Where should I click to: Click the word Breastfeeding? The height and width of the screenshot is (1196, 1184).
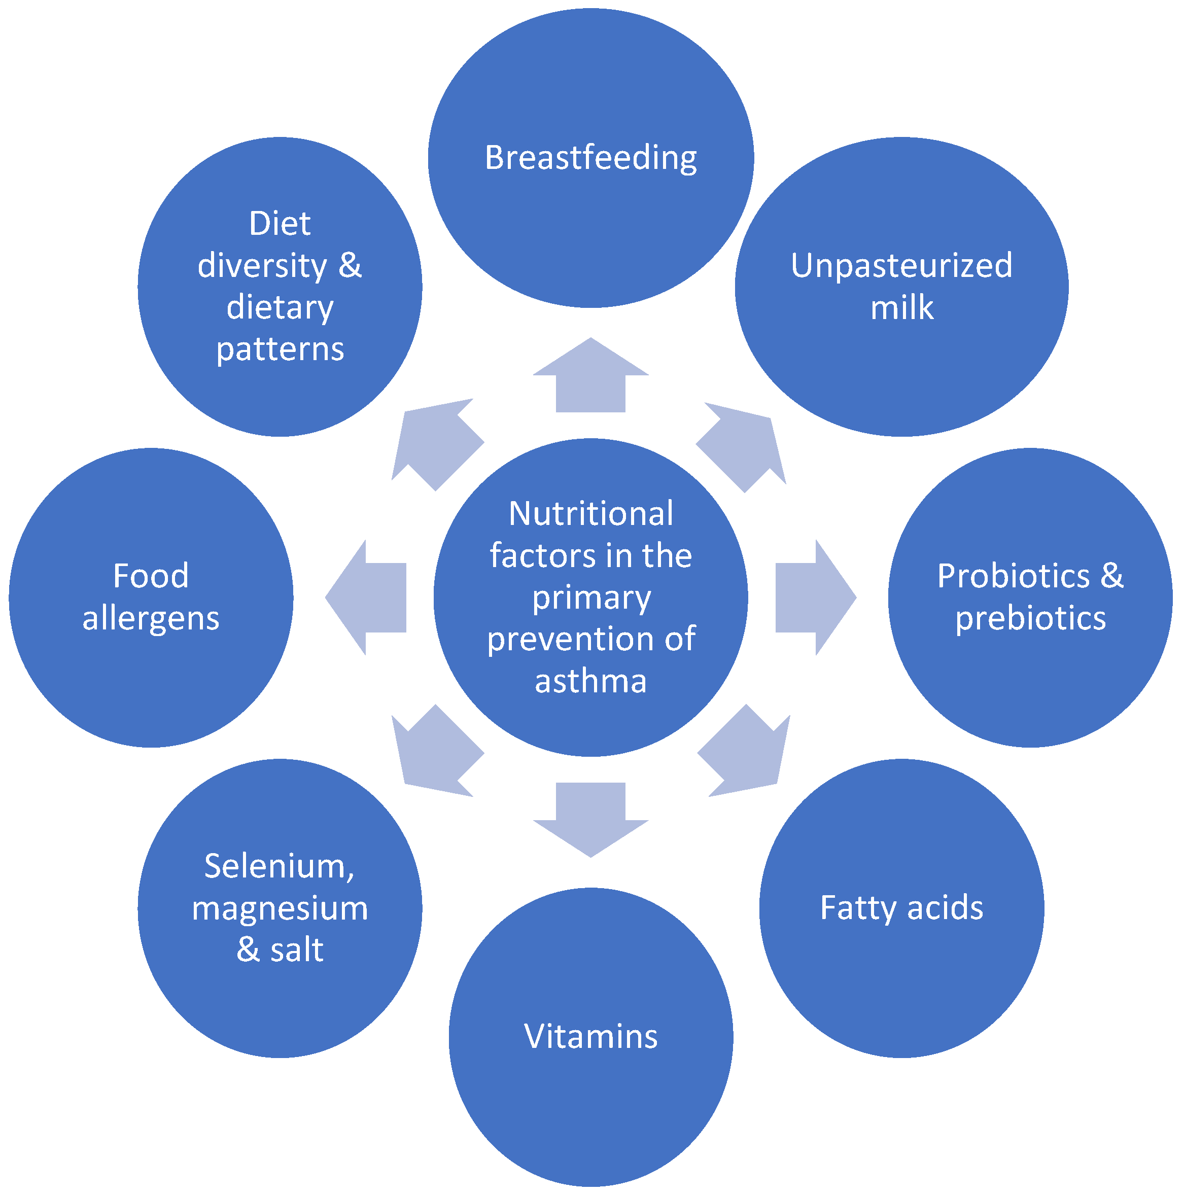tap(591, 158)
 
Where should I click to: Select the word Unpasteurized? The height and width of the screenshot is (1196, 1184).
tap(901, 266)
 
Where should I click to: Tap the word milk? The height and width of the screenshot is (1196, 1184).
tap(901, 308)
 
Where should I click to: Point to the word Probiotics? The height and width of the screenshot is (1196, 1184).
tap(1013, 576)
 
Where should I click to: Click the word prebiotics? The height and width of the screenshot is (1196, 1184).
tap(1030, 618)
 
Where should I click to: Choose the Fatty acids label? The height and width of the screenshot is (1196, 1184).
tap(901, 908)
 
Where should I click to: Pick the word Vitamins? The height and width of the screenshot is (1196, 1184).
tap(591, 1036)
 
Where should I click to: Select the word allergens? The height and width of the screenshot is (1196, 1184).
tap(151, 618)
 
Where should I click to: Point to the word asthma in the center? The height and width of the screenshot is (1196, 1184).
tap(591, 682)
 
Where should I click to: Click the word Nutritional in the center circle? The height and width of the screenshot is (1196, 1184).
tap(591, 514)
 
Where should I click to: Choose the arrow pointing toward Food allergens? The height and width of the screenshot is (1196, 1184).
tap(369, 597)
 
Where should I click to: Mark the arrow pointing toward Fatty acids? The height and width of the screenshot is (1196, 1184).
tap(746, 753)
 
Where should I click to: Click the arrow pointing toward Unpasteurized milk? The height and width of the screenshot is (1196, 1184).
tap(743, 446)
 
